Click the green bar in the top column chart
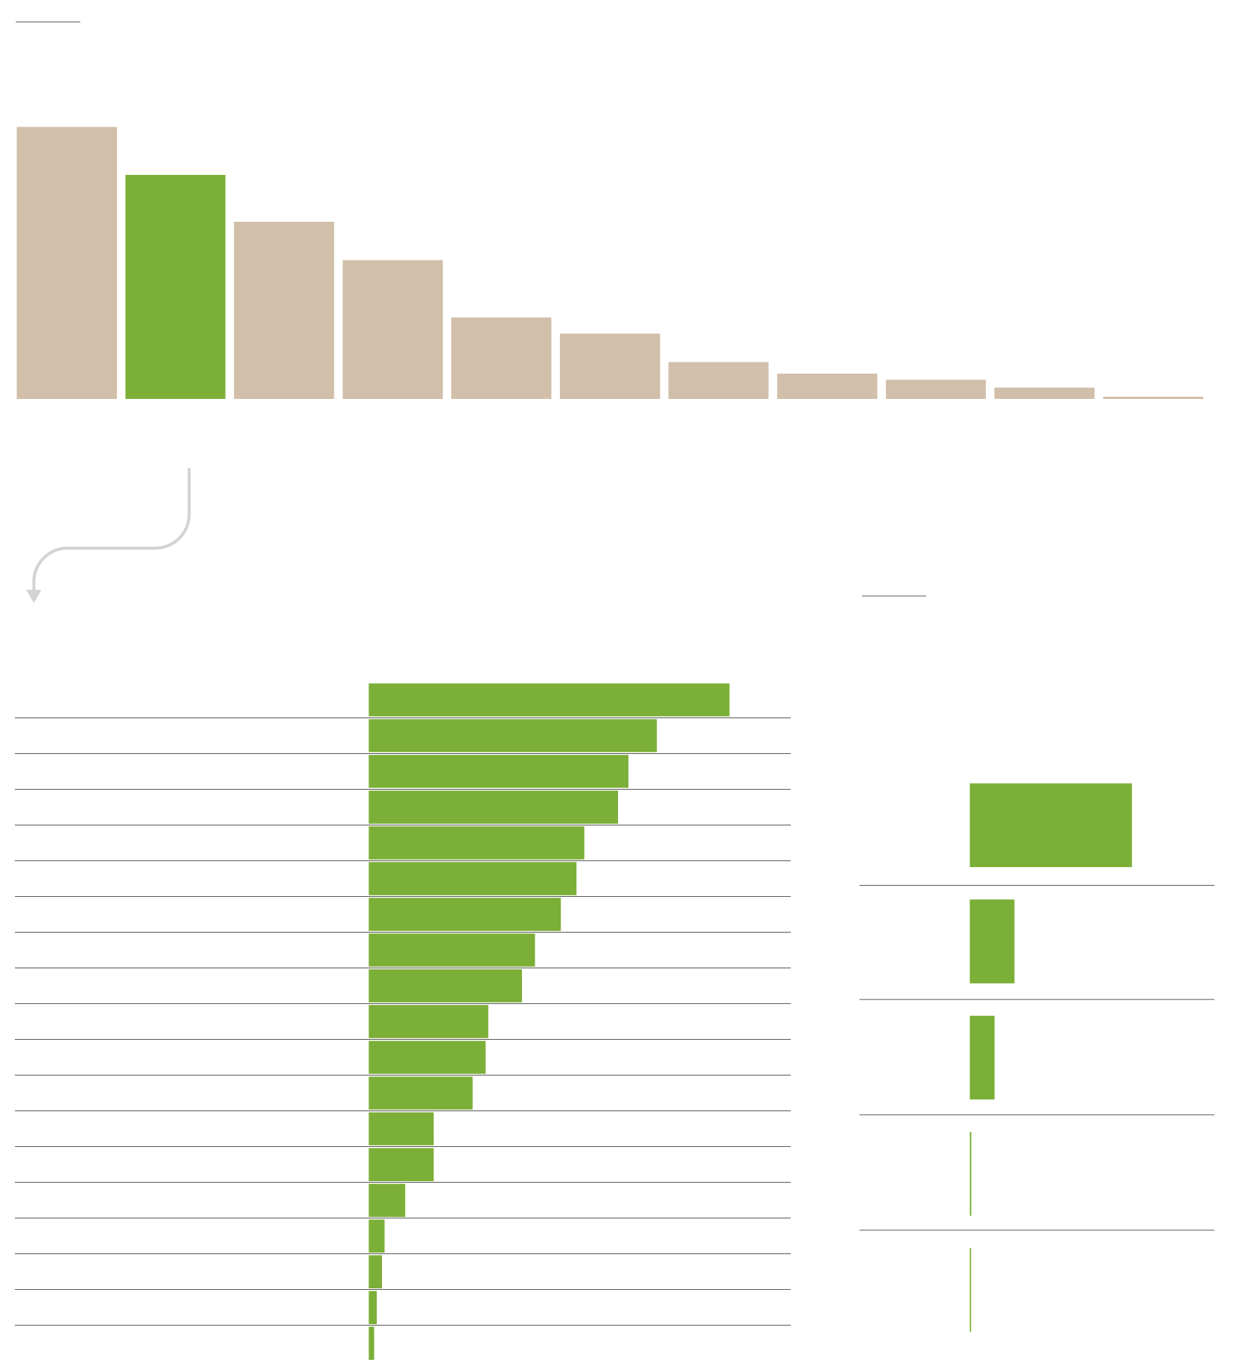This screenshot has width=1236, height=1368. (x=175, y=287)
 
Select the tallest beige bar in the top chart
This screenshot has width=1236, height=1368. (x=66, y=263)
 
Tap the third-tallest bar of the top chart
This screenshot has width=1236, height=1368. (x=284, y=310)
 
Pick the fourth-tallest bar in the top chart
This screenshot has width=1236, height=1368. (x=392, y=330)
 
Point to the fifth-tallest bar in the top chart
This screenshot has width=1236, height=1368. (x=501, y=358)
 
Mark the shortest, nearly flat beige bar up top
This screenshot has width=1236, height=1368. (x=1153, y=397)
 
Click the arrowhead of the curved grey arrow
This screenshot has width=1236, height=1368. (x=34, y=595)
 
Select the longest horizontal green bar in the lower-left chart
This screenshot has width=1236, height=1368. (x=549, y=700)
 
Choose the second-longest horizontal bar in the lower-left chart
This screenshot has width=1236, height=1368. (x=512, y=735)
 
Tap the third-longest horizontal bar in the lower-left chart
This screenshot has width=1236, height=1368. (x=498, y=771)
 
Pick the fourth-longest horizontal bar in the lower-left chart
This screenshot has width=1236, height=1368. (x=493, y=807)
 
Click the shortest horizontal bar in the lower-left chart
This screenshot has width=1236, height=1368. (x=372, y=1343)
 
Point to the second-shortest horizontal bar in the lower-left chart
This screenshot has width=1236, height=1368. (x=372, y=1307)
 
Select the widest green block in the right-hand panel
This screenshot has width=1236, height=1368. (x=1050, y=825)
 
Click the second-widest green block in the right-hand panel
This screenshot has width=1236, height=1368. (x=992, y=941)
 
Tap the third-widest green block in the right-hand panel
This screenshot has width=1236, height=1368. (x=982, y=1057)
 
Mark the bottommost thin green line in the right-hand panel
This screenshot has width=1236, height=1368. (x=970, y=1289)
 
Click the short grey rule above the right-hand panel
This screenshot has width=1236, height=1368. (x=893, y=595)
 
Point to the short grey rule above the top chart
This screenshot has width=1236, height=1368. (x=48, y=22)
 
